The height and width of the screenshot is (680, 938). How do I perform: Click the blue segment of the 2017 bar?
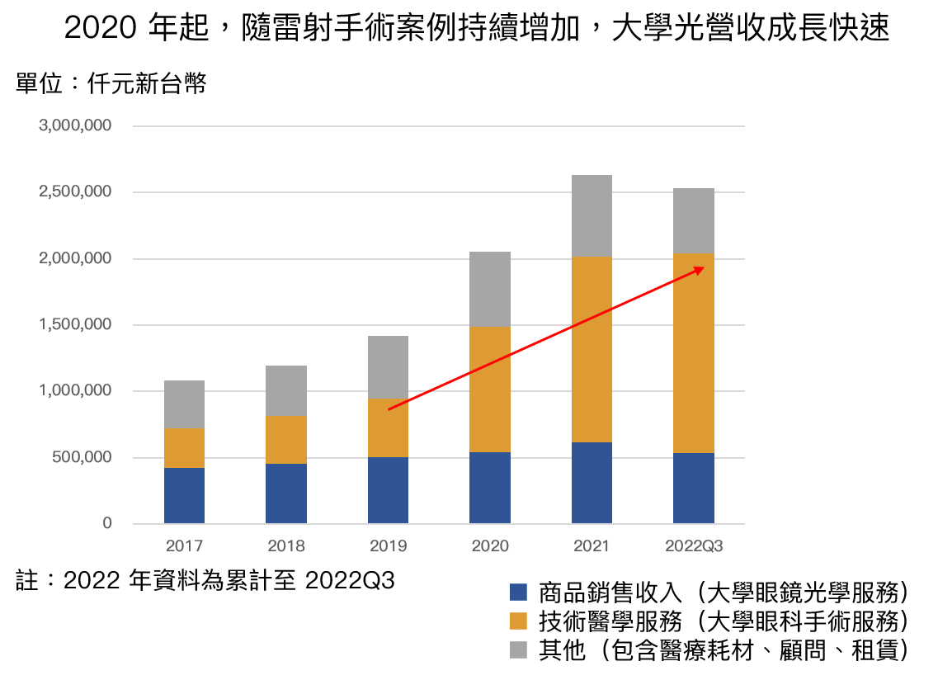coord(184,495)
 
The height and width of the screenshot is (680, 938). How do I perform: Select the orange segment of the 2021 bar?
coord(592,349)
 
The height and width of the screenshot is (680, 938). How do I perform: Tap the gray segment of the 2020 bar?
coord(490,289)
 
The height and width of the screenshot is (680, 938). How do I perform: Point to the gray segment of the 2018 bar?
coord(286,390)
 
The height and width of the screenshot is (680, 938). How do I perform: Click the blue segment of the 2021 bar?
coord(592,483)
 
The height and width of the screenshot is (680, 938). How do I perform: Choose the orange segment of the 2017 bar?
coord(184,448)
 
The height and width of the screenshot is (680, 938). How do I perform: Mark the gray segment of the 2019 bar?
coord(388,367)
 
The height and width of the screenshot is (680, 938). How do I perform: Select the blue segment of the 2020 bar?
coord(490,488)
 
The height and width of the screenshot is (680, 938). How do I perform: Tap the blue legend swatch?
coord(518,592)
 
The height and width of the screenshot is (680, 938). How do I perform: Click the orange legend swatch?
coord(518,621)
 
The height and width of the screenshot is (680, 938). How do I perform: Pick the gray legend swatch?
coord(518,649)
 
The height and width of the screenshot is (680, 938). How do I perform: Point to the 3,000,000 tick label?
coord(75,126)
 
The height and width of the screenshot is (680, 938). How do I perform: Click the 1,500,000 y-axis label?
coord(75,324)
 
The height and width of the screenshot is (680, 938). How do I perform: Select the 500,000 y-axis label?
coord(81,457)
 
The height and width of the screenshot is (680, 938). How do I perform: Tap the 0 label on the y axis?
coord(107,523)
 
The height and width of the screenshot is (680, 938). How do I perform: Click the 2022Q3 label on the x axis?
coord(693,546)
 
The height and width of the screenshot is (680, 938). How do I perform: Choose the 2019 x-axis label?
coord(388,546)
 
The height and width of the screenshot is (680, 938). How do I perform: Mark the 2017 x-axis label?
coord(184,546)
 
